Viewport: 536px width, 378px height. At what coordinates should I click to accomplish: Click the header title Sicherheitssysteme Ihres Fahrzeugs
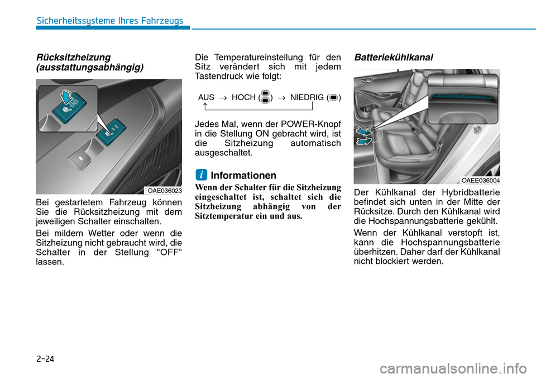pyautogui.click(x=109, y=21)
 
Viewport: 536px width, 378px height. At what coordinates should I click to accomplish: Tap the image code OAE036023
pyautogui.click(x=164, y=191)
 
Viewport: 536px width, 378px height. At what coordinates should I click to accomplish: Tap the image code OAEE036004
pyautogui.click(x=480, y=180)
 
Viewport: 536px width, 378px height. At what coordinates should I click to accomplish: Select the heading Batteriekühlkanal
pyautogui.click(x=393, y=58)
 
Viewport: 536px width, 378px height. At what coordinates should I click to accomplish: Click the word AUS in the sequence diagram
pyautogui.click(x=206, y=97)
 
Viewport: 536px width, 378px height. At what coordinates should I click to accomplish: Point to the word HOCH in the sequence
pyautogui.click(x=243, y=97)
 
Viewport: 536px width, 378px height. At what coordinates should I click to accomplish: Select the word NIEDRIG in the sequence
pyautogui.click(x=307, y=97)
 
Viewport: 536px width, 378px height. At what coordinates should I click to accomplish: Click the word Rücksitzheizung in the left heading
pyautogui.click(x=73, y=58)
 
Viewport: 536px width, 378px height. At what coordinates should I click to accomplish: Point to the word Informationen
pyautogui.click(x=243, y=175)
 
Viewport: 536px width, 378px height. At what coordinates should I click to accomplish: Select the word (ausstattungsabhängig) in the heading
pyautogui.click(x=89, y=67)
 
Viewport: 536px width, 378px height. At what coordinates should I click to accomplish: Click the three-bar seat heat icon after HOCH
pyautogui.click(x=265, y=97)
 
